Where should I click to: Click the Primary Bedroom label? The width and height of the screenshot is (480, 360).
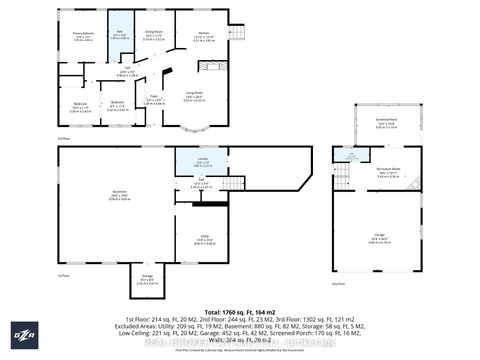point(82,36)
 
